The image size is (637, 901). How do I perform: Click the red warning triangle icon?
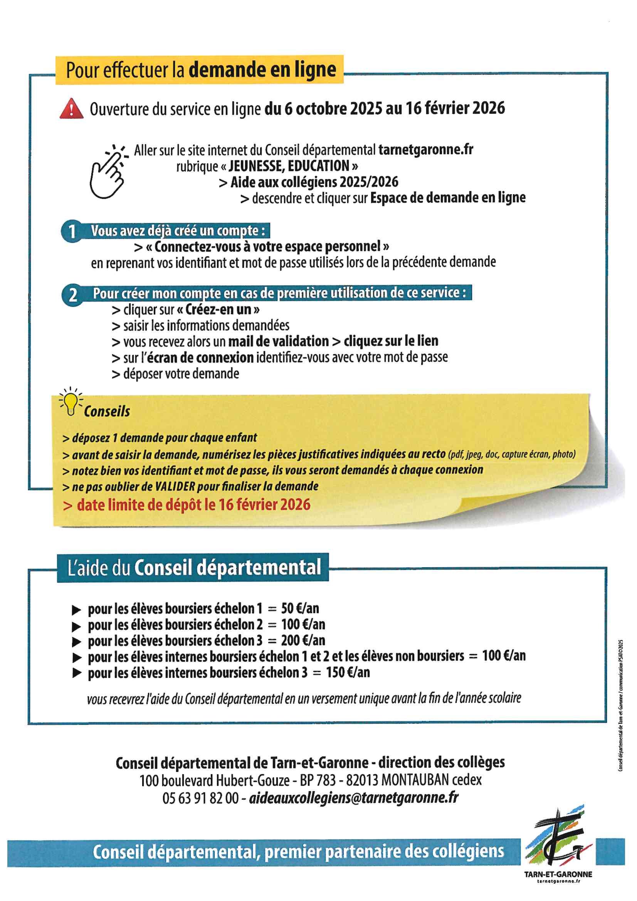71,109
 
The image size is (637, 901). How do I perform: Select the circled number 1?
72,231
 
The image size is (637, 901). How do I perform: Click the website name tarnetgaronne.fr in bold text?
425,150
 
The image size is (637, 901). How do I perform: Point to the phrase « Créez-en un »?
218,309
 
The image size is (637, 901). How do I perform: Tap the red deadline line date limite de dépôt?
187,505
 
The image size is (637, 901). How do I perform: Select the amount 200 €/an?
303,640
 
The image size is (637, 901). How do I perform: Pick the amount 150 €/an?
348,672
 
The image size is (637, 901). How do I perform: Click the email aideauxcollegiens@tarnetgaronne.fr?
354,798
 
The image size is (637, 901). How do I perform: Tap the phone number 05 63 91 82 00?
200,798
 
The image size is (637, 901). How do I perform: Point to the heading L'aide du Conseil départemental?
194,568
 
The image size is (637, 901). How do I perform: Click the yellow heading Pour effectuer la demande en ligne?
200,70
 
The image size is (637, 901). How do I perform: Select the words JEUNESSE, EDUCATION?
289,166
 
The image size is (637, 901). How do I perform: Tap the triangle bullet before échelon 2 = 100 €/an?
77,626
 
